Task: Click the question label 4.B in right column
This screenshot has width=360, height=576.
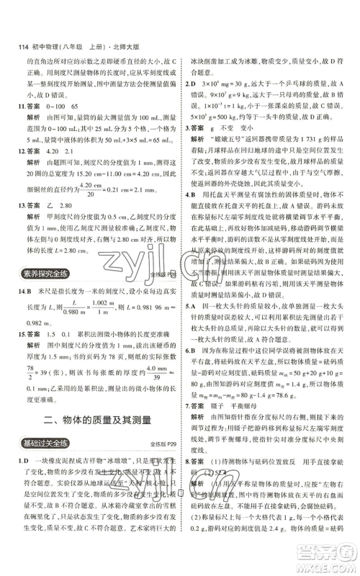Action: coord(189,215)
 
